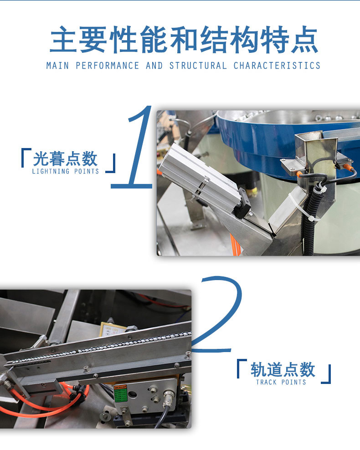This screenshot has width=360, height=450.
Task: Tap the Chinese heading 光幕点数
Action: [65, 159]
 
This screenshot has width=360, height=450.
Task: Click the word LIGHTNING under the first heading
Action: [51, 171]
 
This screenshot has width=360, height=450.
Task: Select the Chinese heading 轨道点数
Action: [283, 370]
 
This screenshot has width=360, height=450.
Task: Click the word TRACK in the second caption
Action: [267, 382]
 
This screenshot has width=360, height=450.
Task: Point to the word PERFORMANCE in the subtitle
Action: [108, 66]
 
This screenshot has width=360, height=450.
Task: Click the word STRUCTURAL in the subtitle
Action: [198, 66]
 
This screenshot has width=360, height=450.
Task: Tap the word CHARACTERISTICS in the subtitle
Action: [277, 66]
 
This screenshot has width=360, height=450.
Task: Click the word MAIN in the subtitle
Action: [58, 66]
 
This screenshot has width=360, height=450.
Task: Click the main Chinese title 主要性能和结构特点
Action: [184, 39]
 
